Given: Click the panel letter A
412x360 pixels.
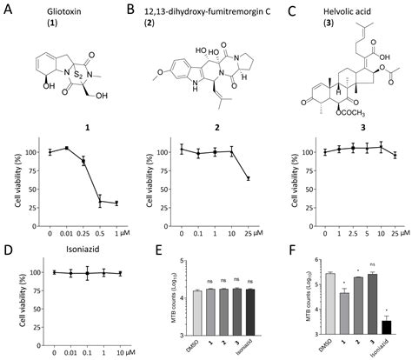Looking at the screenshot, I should pos(10,10).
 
